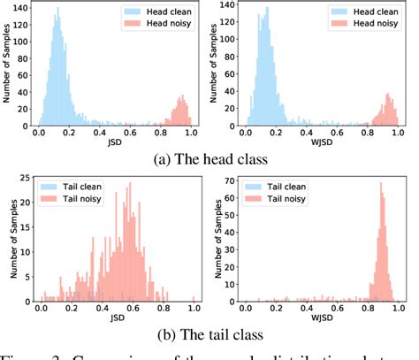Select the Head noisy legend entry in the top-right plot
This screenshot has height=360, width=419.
point(366,27)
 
